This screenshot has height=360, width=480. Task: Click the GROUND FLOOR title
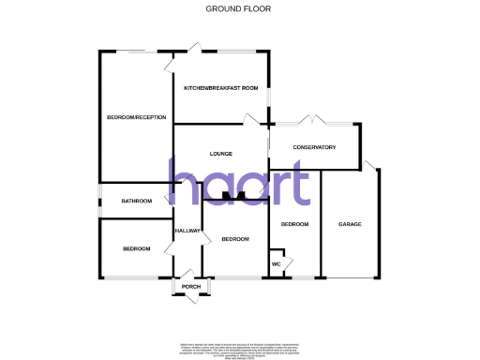[x=239, y=8]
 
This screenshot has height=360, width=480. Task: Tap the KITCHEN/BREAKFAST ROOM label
[x=220, y=88]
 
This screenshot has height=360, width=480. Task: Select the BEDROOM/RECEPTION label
[x=137, y=117]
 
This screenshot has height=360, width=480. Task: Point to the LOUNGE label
[x=221, y=154]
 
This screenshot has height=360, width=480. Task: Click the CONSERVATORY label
[x=314, y=147]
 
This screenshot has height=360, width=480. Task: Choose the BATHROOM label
[x=136, y=201]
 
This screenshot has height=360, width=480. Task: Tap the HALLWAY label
[x=187, y=231]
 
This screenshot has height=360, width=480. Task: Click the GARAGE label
[x=350, y=225]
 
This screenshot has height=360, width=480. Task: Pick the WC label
[x=277, y=263]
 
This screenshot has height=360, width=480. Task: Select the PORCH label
[x=191, y=287]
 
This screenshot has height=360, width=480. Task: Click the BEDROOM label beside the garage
[x=294, y=225]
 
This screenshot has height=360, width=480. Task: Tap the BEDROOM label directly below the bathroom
[x=136, y=248]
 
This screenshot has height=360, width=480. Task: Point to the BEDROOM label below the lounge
[x=235, y=239]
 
